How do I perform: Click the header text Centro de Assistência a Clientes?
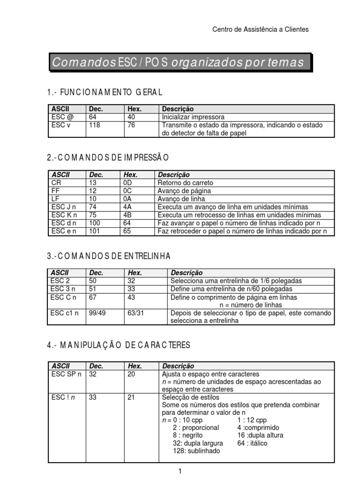coord(261,29)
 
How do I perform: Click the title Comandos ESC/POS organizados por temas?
coord(179,62)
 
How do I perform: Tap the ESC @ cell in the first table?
coord(61,117)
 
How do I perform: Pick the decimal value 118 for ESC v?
coord(95,125)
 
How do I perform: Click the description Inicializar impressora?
coord(193,117)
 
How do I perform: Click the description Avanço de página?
coord(184,191)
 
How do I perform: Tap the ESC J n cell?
coord(64,207)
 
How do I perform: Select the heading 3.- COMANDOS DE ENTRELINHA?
coord(109,255)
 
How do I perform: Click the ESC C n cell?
coord(64,297)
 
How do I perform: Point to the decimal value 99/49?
coord(97,313)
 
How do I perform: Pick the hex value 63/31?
coord(137,313)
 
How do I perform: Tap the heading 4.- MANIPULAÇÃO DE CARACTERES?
coord(119,345)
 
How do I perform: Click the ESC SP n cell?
coord(66,374)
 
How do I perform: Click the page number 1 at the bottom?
coord(180,472)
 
